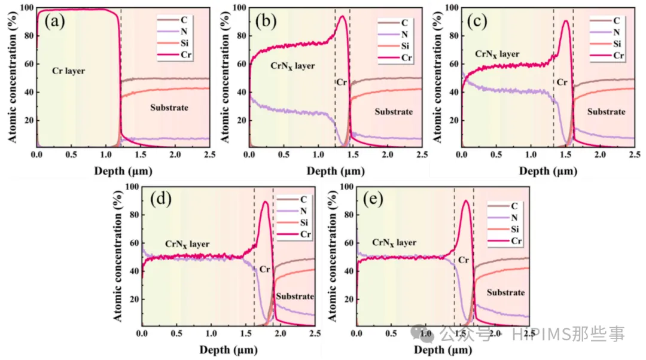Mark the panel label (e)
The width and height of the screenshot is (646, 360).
point(373,200)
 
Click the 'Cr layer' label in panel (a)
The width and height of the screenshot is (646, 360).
point(68,71)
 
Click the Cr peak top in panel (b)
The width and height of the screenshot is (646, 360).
point(342,16)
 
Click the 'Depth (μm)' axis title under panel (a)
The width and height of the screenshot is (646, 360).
point(123,170)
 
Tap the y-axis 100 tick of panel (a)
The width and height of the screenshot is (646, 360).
point(28,8)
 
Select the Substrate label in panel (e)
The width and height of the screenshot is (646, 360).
point(505,292)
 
